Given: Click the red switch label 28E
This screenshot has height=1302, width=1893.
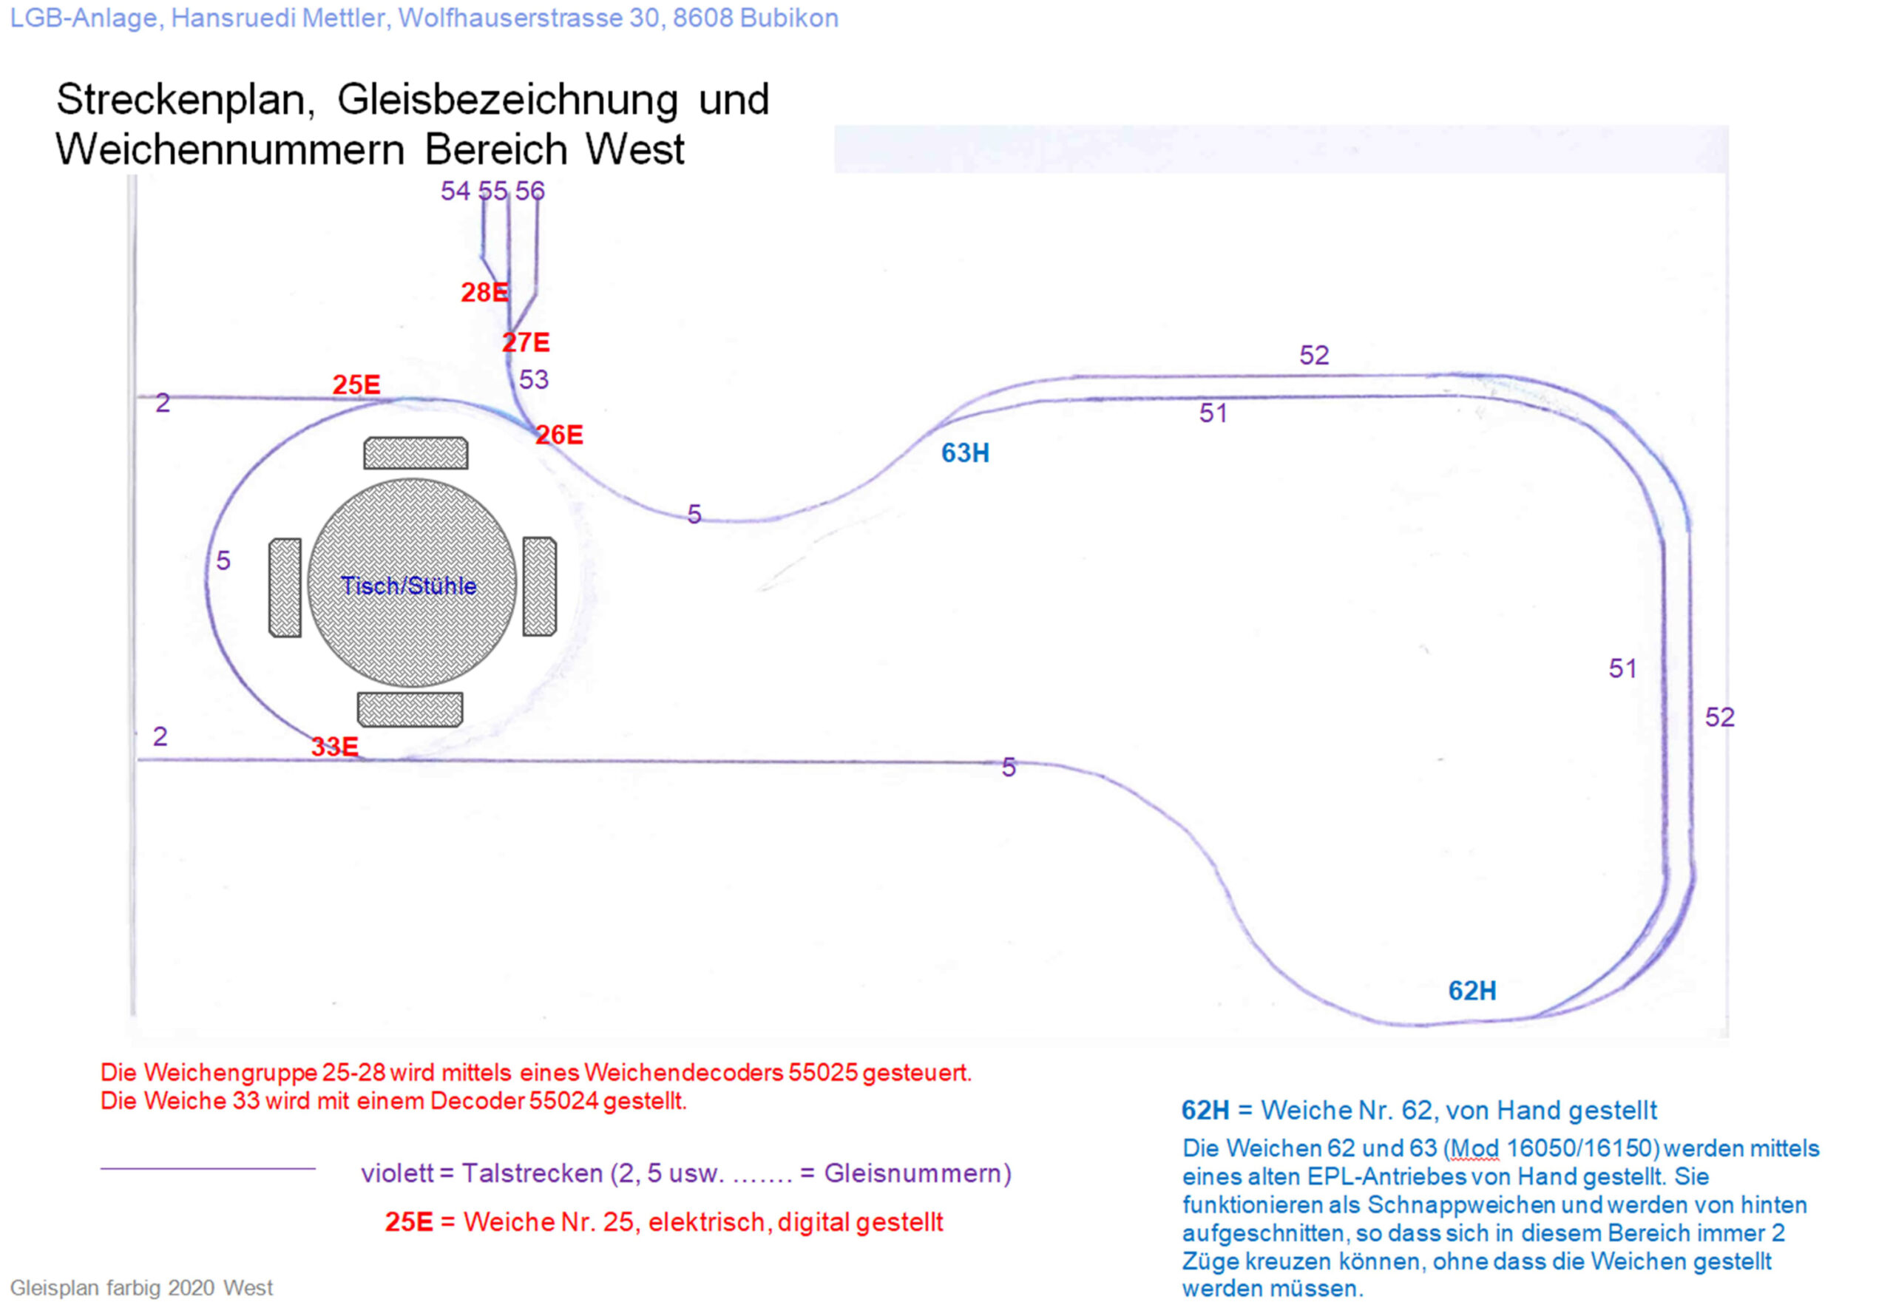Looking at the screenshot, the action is (484, 292).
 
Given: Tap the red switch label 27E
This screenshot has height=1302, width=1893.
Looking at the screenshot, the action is (526, 342).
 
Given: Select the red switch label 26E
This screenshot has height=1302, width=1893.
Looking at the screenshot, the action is (559, 435).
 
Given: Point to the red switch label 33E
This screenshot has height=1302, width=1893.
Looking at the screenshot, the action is (334, 747).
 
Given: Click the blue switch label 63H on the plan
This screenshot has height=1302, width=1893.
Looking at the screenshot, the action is (965, 452).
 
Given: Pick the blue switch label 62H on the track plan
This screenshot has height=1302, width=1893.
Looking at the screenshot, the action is (1472, 991).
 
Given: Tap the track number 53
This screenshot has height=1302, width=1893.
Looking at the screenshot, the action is (534, 379).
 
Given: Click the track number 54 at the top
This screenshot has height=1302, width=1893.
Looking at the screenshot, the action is (456, 191).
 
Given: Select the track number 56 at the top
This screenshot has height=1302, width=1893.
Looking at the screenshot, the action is (529, 191).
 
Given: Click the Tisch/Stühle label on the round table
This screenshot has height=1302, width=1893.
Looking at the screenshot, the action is (409, 586).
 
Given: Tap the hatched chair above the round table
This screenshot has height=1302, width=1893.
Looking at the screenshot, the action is (416, 452).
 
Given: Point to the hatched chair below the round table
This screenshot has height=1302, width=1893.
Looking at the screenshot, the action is (410, 710).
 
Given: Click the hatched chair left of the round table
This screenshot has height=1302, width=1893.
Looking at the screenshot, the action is (285, 587).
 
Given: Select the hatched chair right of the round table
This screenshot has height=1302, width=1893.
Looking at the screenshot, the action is (539, 586).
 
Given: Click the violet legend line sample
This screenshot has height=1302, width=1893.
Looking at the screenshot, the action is (208, 1169).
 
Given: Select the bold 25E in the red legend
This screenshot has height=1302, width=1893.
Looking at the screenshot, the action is (409, 1222).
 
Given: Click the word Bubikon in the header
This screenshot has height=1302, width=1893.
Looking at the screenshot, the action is (788, 18).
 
